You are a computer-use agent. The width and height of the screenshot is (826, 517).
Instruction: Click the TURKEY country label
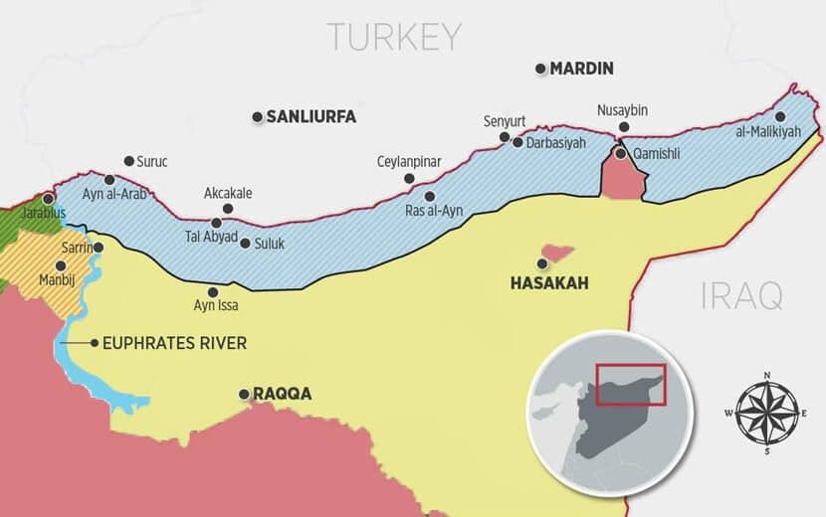[x=395, y=37]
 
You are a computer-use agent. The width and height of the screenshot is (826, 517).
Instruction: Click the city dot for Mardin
[x=541, y=69]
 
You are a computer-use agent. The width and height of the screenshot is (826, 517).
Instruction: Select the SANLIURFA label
[x=310, y=117]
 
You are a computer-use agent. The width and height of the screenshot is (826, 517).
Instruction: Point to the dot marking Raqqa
[x=244, y=394]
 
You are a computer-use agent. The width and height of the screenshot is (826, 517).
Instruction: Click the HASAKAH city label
[x=548, y=283]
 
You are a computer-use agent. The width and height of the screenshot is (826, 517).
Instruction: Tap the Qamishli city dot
[x=621, y=154]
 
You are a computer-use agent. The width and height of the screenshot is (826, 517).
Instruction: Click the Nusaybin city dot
[x=623, y=127]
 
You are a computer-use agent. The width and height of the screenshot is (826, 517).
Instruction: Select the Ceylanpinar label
[x=408, y=162]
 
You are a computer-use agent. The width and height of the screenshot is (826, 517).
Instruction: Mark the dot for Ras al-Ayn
[x=430, y=196]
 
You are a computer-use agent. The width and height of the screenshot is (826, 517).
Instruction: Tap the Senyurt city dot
[x=505, y=137]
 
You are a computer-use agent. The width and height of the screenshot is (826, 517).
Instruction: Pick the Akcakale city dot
[x=228, y=209]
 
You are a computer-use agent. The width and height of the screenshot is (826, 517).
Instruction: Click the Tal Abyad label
[x=211, y=237]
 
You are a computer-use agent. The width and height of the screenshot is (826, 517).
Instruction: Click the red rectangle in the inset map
[x=630, y=384]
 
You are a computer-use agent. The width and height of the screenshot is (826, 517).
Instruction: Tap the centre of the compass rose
[x=765, y=412]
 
